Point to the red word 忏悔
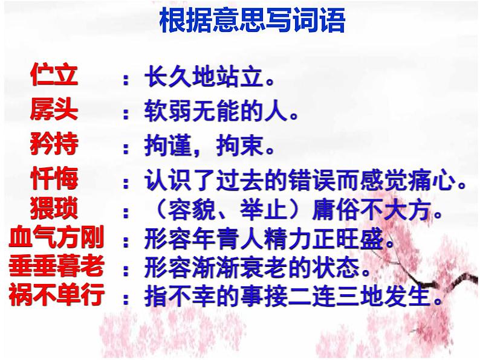coord(54,179)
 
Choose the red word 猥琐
coord(54,208)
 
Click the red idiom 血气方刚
coord(56,239)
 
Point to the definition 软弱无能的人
coord(222,111)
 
